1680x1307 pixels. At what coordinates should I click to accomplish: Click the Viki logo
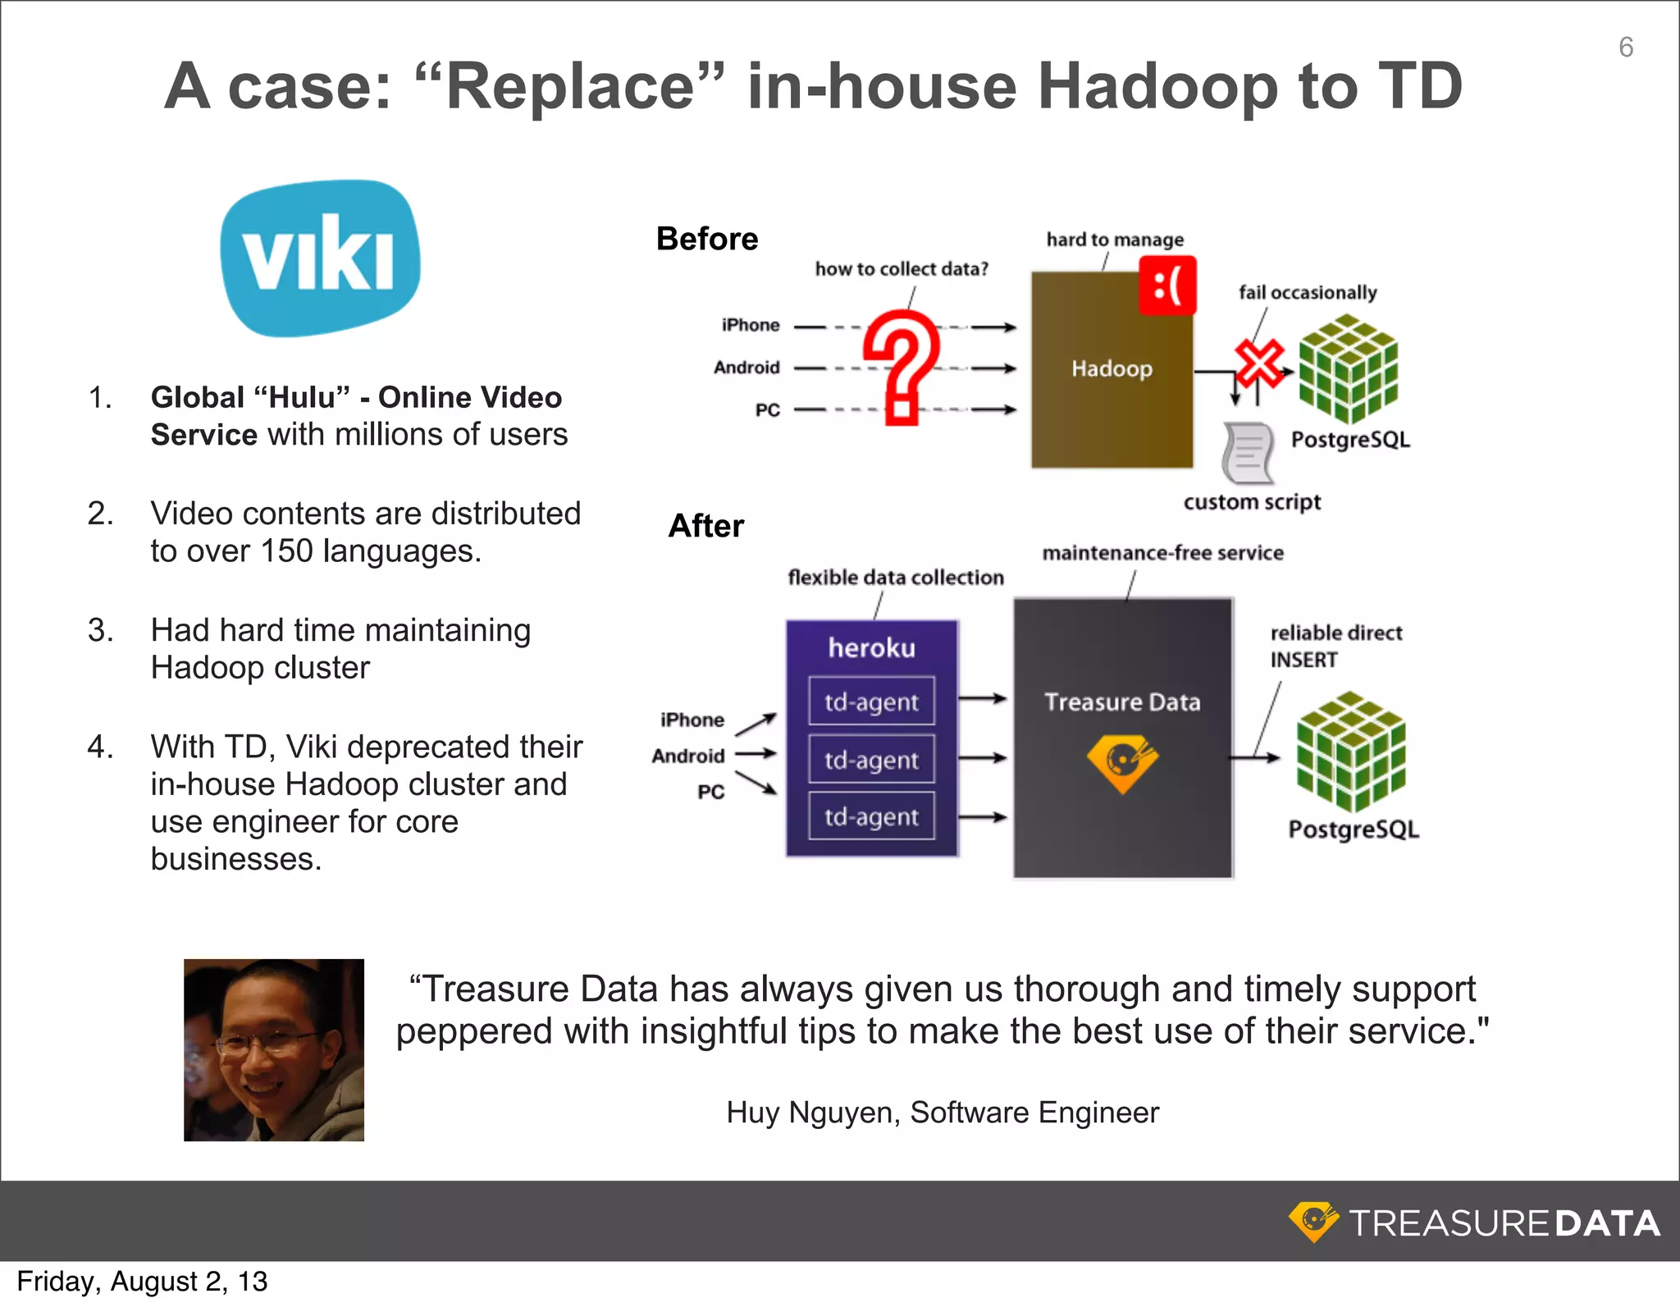tap(320, 258)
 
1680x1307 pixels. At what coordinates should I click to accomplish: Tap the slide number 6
tap(1625, 48)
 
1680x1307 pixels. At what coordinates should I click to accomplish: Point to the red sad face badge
tap(1167, 286)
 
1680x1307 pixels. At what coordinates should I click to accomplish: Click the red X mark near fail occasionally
tap(1259, 362)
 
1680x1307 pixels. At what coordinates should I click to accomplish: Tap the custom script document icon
tap(1247, 453)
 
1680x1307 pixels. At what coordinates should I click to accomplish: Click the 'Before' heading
tap(706, 239)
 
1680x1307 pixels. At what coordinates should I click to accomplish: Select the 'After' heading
tap(705, 526)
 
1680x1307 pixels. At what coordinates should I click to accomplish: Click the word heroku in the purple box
tap(871, 648)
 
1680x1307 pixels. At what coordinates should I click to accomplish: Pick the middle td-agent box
tap(871, 760)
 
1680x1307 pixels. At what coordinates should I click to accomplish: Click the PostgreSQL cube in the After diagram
tap(1350, 750)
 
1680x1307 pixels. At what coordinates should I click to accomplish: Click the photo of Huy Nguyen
tap(273, 1049)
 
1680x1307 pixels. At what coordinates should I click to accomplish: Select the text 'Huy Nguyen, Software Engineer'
tap(942, 1113)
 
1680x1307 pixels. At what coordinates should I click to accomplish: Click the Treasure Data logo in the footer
tap(1474, 1222)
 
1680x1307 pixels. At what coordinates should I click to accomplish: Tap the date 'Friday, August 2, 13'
tap(142, 1282)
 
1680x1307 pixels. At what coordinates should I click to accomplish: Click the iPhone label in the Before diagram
tap(750, 325)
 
